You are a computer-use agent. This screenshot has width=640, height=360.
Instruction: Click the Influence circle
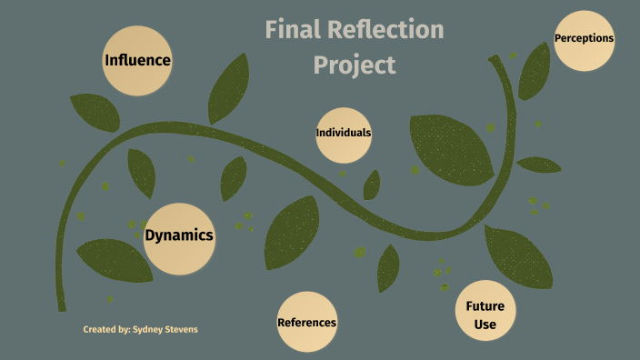click(137, 61)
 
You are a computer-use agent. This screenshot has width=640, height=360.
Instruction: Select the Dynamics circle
click(179, 237)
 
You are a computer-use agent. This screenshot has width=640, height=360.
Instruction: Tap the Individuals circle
click(344, 133)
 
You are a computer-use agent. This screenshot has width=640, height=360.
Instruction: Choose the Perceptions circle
click(584, 39)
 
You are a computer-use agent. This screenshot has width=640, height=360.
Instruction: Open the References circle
click(306, 322)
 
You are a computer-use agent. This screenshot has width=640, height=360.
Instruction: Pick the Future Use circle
click(485, 315)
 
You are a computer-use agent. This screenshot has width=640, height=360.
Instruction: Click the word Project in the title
click(355, 65)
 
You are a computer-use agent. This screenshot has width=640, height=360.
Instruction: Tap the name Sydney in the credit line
click(151, 329)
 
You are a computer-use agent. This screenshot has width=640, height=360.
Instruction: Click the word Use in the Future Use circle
click(485, 325)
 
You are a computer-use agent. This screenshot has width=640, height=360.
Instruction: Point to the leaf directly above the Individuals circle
click(228, 89)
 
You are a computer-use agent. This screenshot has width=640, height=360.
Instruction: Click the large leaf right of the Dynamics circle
click(292, 232)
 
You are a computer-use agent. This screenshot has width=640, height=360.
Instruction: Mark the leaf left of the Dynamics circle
click(113, 260)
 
